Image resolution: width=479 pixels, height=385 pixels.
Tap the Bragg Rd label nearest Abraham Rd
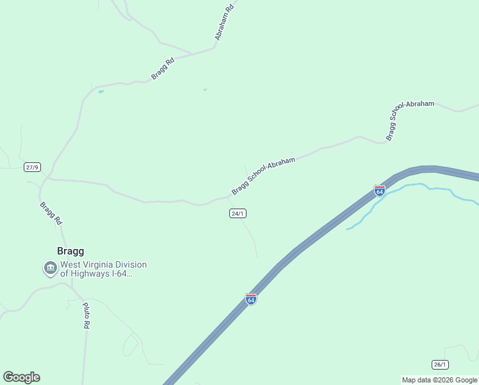163,69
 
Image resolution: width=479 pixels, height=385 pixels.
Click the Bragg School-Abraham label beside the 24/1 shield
263,176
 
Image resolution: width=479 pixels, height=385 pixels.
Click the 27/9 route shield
32,167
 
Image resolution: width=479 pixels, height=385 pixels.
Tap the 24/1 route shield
238,213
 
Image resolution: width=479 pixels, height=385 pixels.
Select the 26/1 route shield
440,364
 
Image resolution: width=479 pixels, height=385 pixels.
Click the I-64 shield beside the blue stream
380,191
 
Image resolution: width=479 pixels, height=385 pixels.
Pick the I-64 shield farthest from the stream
251,299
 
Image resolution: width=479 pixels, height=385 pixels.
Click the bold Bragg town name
71,252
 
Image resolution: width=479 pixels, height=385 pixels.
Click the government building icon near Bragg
50,268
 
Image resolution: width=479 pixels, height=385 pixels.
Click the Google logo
21,377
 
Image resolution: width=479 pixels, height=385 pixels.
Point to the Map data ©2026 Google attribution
439,380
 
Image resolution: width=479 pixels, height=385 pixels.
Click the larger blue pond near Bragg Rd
101,92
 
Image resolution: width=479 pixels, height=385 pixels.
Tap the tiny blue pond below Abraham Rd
205,89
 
